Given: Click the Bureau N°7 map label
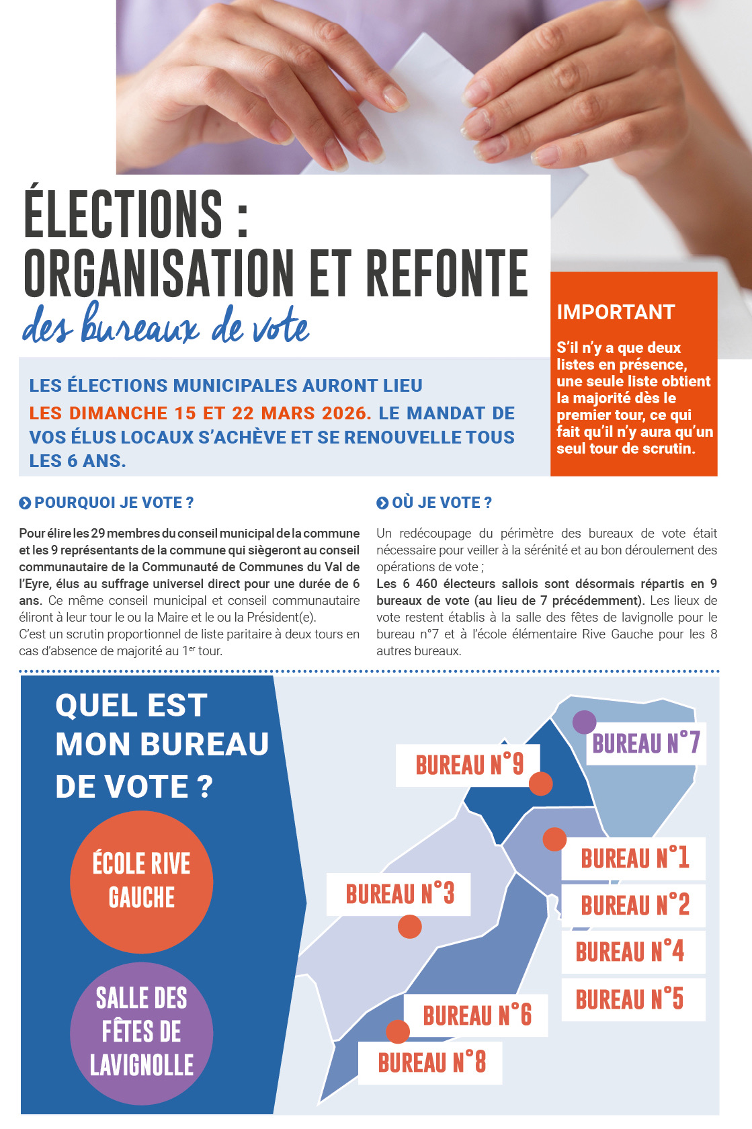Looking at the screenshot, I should pyautogui.click(x=646, y=743).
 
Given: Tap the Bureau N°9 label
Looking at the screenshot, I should pyautogui.click(x=468, y=765).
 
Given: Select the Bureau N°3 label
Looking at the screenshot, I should pyautogui.click(x=399, y=894).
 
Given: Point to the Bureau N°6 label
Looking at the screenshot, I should pyautogui.click(x=476, y=1015).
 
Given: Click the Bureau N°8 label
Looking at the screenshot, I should pyautogui.click(x=431, y=1062).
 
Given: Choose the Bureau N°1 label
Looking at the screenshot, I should pyautogui.click(x=634, y=858).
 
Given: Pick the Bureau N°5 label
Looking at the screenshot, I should pyautogui.click(x=629, y=999).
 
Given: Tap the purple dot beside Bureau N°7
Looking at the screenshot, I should pyautogui.click(x=584, y=722).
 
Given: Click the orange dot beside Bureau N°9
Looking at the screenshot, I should pyautogui.click(x=541, y=784).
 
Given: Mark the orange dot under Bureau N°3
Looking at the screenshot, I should pyautogui.click(x=409, y=927).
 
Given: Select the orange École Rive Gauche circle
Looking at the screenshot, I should pyautogui.click(x=142, y=882).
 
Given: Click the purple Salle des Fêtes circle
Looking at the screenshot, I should pyautogui.click(x=142, y=1033).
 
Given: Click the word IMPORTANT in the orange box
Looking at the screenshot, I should pyautogui.click(x=616, y=312).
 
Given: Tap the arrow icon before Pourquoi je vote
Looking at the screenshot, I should pyautogui.click(x=25, y=503).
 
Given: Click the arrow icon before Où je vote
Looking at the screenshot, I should pyautogui.click(x=382, y=503).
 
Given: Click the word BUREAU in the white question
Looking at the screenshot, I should pyautogui.click(x=205, y=745).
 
